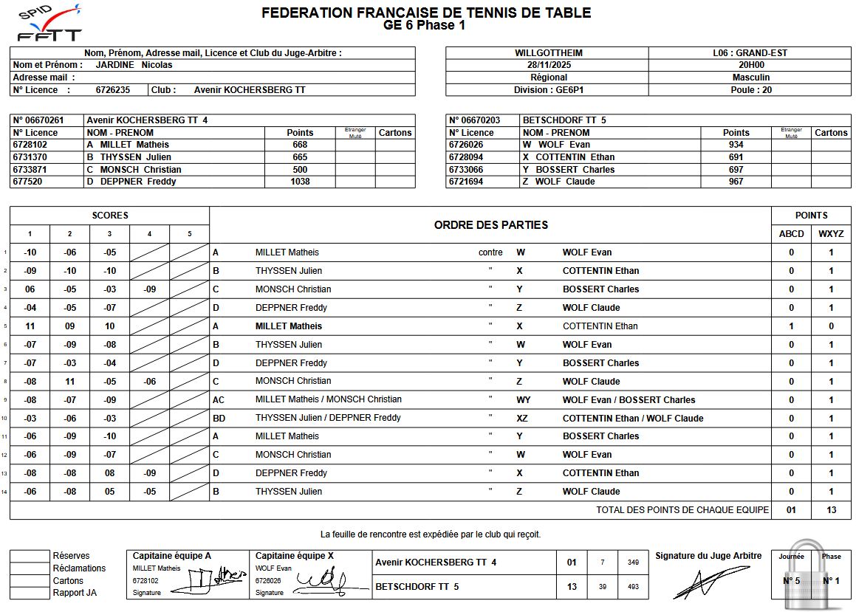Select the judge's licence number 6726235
pyautogui.click(x=112, y=90)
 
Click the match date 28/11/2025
pyautogui.click(x=548, y=65)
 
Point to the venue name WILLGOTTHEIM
pyautogui.click(x=548, y=53)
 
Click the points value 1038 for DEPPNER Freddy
pyautogui.click(x=300, y=182)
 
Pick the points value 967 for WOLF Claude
pyautogui.click(x=736, y=182)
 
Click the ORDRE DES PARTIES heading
pyautogui.click(x=490, y=225)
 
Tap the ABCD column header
pyautogui.click(x=791, y=234)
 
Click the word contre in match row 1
pyautogui.click(x=490, y=252)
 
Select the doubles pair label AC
pyautogui.click(x=219, y=400)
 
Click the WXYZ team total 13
pyautogui.click(x=831, y=510)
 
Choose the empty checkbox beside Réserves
pyautogui.click(x=29, y=556)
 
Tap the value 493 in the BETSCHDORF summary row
pyautogui.click(x=633, y=587)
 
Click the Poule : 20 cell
pyautogui.click(x=750, y=90)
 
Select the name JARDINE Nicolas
pyautogui.click(x=134, y=65)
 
